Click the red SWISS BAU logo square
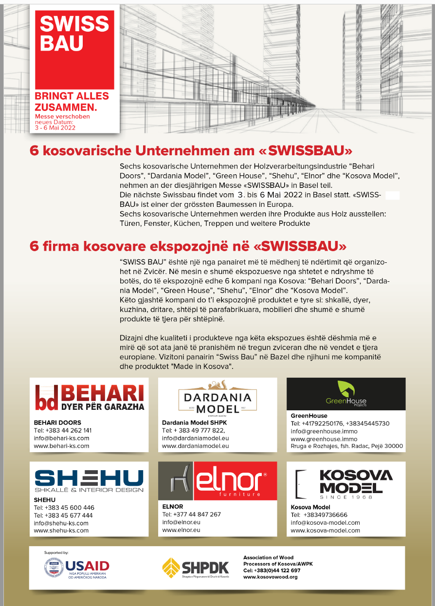point(74,49)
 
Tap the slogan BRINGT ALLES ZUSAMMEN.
point(72,101)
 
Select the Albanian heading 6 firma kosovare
point(188,245)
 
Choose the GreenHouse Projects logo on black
point(345,394)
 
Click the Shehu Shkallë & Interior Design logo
point(89,480)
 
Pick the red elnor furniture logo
point(236,481)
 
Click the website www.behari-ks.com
point(61,446)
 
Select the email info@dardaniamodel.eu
point(195,438)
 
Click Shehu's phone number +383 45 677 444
point(63,515)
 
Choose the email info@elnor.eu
point(181,522)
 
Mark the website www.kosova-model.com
point(325,531)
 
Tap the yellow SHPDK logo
point(196,568)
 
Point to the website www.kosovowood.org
point(270,577)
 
